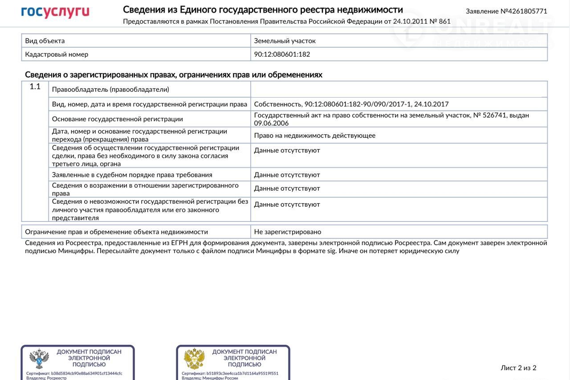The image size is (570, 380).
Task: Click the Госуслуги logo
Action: point(55,12)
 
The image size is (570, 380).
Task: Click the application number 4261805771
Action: point(527,11)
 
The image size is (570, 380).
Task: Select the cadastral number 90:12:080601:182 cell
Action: point(282,54)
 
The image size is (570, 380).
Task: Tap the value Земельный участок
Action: point(285,41)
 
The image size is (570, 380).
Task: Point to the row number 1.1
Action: point(35,87)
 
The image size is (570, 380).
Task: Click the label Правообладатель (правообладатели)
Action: point(110,90)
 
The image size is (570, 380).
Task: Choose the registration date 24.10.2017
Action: point(431,104)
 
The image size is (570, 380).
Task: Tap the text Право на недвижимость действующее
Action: point(314,135)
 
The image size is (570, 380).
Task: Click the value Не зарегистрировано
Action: point(288,232)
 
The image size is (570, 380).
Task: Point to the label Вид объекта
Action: point(45,41)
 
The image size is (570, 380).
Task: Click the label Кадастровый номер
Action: point(57,54)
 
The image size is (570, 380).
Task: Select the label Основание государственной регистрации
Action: point(118,119)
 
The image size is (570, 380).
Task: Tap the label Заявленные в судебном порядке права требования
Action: point(132,175)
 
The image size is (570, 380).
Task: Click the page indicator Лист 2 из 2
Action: point(518,368)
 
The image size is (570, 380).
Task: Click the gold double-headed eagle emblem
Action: point(195,359)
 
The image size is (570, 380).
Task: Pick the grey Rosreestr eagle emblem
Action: point(39,359)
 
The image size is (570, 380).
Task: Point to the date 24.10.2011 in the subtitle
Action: point(409,21)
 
